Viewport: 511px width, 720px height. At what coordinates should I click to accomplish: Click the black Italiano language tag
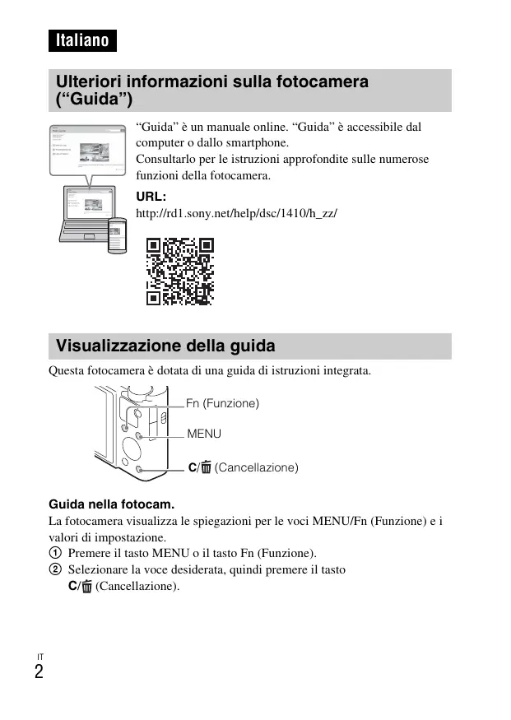point(82,40)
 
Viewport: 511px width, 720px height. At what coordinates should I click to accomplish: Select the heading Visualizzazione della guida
point(165,345)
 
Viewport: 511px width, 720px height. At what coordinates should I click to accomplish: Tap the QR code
point(180,271)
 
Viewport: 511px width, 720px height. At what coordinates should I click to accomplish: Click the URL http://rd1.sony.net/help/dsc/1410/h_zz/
point(236,213)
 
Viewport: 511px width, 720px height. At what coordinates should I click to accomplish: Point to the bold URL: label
point(151,197)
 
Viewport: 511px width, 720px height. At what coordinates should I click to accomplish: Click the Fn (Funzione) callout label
point(222,403)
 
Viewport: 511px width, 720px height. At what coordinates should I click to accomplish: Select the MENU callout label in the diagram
point(204,433)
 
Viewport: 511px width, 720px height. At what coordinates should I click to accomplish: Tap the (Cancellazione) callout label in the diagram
point(256,467)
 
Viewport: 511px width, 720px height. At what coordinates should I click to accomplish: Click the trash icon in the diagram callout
point(206,467)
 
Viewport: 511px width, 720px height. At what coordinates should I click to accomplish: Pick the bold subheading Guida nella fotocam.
point(113,504)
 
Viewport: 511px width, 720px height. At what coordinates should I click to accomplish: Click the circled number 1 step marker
point(55,553)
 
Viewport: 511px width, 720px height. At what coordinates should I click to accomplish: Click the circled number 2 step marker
point(55,569)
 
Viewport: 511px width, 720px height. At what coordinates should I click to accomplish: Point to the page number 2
point(39,672)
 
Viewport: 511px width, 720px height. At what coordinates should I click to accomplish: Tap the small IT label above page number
point(39,656)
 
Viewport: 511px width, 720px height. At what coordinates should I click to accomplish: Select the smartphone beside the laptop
point(117,234)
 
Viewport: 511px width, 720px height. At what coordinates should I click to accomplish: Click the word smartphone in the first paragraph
point(259,143)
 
